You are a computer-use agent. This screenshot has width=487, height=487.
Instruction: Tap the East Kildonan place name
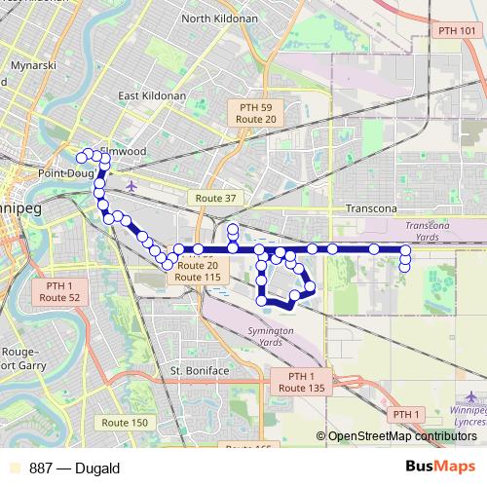point(152,96)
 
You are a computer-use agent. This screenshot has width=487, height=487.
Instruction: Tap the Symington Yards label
point(271,337)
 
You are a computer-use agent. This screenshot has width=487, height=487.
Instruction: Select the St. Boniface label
point(200,371)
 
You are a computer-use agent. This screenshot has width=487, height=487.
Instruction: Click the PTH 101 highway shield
point(458,31)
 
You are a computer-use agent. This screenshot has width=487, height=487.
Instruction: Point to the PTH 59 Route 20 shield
point(257,112)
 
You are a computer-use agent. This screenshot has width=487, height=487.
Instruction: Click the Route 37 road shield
point(216,198)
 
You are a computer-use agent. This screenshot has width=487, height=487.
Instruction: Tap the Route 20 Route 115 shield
point(198,272)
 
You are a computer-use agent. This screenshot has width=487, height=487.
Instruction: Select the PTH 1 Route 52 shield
point(60,291)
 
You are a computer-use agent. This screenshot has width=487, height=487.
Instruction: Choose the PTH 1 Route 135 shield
point(302,382)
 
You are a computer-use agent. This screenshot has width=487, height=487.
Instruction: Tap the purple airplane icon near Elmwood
point(131,185)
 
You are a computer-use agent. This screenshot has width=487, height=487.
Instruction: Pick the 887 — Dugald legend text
point(74,468)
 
